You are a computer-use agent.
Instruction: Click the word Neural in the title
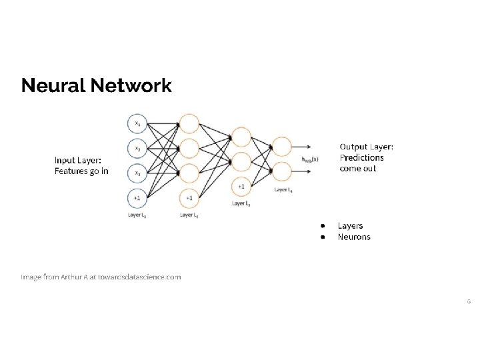point(51,86)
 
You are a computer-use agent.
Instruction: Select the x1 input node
point(137,123)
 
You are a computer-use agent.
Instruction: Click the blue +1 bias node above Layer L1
point(137,197)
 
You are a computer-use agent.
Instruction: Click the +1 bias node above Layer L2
point(189,197)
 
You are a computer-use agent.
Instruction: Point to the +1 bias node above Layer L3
point(241,185)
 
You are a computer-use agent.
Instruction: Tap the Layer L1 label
point(137,215)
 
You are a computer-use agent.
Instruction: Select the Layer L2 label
point(189,215)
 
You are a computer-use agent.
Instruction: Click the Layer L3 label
point(241,203)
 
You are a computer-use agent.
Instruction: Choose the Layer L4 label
point(283,190)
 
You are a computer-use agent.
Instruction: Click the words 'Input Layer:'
point(77,160)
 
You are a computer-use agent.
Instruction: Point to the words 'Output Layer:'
point(367,147)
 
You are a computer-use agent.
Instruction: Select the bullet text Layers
point(350,226)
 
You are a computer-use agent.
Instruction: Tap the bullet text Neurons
point(354,237)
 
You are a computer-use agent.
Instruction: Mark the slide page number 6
point(468,301)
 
